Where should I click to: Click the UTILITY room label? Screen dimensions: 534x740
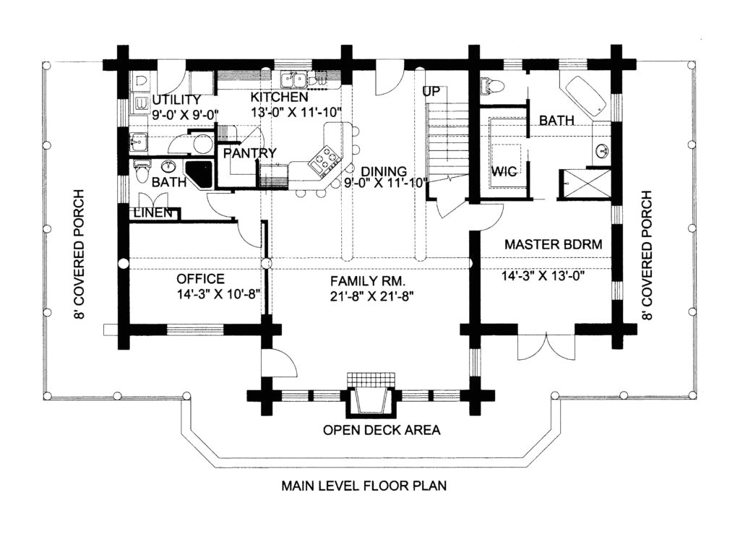[176, 99]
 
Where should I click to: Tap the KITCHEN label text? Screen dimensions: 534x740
[280, 97]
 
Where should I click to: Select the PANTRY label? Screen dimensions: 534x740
[249, 153]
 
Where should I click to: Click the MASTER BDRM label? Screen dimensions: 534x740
[553, 244]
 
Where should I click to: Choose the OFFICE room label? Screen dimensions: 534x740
[201, 279]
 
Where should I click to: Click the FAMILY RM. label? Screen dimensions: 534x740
[368, 280]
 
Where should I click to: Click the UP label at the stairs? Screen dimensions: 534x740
[433, 92]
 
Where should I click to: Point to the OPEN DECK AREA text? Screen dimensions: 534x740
[382, 431]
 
